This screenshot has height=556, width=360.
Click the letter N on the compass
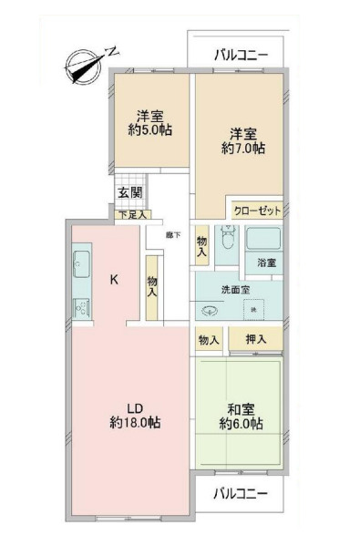[x=110, y=51]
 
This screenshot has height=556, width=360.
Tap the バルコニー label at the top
[x=241, y=55]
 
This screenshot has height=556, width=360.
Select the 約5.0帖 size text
[x=150, y=131]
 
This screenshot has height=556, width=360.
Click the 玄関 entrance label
[x=129, y=193]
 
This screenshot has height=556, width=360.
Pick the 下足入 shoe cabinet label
[x=133, y=215]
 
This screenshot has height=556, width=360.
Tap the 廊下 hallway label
[x=172, y=235]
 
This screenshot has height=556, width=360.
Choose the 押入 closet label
[x=255, y=339]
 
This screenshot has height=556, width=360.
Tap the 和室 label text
[x=241, y=407]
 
